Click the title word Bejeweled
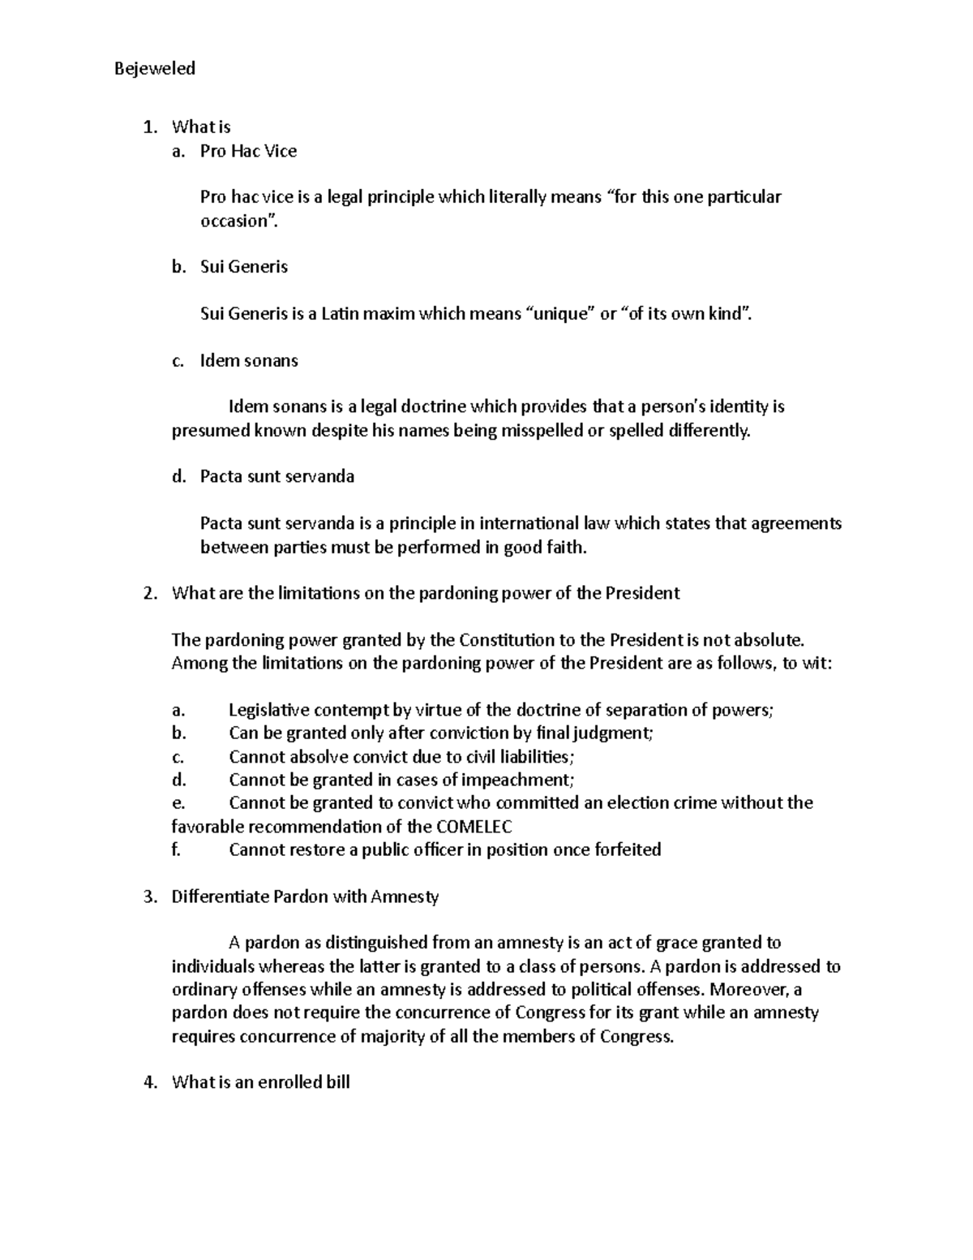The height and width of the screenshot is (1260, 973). [155, 68]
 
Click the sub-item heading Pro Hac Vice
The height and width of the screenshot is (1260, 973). [248, 151]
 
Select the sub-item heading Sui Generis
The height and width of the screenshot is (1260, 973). [244, 267]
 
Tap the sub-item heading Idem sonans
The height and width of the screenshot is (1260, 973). [249, 360]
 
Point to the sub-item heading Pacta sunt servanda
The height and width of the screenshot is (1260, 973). [277, 476]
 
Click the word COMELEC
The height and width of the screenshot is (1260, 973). [474, 827]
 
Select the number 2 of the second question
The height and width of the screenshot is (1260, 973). [148, 593]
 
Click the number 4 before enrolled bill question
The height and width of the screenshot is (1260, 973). [148, 1082]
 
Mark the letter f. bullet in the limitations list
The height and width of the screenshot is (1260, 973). [176, 849]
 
